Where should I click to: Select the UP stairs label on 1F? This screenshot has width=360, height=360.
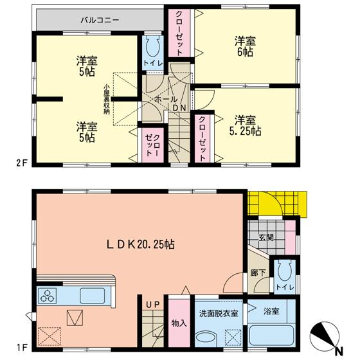coord(152,304)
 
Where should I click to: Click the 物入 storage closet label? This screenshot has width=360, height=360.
coord(179,322)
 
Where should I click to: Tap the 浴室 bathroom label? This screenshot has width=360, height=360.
coord(271,311)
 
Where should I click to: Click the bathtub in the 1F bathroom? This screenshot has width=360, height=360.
coord(271,336)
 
